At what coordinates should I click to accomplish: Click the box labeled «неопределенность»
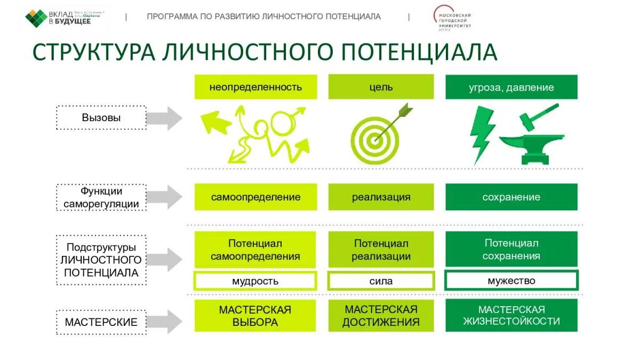(255, 87)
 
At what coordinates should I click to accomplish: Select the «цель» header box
(381, 87)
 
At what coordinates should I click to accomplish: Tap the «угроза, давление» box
(511, 87)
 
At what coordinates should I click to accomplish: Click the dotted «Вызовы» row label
(101, 118)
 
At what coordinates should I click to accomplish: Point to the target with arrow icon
(377, 134)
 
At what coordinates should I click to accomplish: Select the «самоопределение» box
(255, 197)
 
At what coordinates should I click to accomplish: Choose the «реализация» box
(381, 197)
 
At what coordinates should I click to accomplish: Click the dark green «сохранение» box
(511, 197)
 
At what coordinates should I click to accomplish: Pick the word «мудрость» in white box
(255, 281)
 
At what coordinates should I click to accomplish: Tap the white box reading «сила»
(381, 281)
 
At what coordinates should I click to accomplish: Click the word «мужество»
(511, 281)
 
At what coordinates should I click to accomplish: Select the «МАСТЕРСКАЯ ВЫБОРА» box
(255, 316)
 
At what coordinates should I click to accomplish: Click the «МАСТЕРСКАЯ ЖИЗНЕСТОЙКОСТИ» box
(511, 316)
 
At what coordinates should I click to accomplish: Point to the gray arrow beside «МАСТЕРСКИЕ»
(165, 322)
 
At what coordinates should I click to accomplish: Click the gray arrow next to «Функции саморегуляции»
(165, 197)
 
